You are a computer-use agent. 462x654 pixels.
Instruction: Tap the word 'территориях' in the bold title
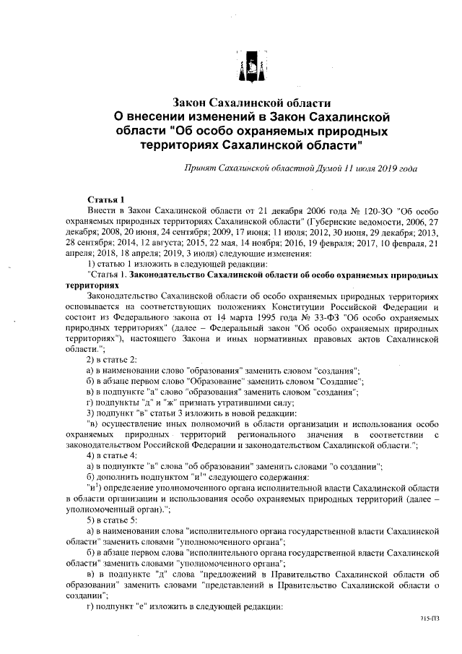178,145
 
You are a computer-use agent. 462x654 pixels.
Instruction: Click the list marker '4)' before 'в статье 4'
92,456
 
